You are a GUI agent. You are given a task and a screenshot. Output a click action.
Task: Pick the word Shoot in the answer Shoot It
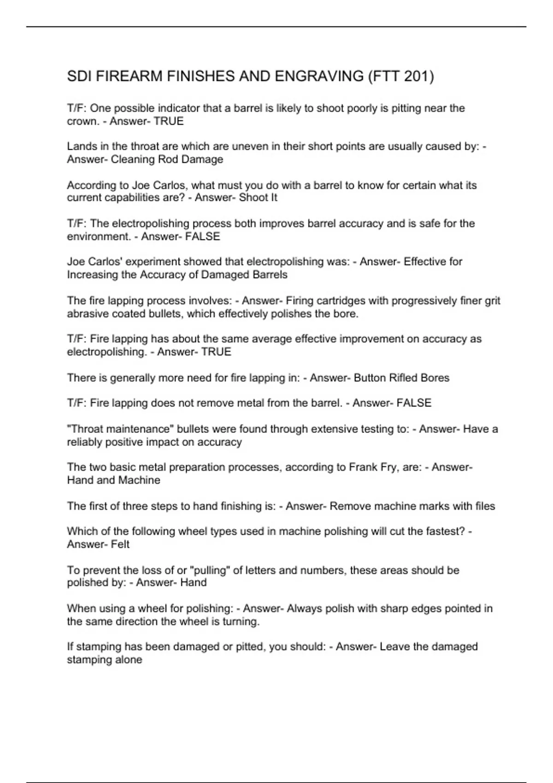252,198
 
